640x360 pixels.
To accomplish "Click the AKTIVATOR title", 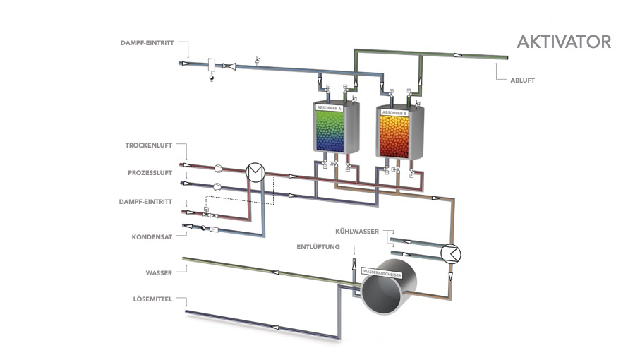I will point(564,42).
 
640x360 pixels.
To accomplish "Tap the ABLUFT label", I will point(522,80).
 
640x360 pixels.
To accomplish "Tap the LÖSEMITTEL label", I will point(151,300).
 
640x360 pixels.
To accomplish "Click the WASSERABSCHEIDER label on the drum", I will point(382,271).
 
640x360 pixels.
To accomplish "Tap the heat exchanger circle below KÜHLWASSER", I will point(448,252).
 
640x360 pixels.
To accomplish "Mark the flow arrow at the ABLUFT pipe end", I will point(459,55).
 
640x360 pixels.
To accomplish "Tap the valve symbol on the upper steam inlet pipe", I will point(229,66).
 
